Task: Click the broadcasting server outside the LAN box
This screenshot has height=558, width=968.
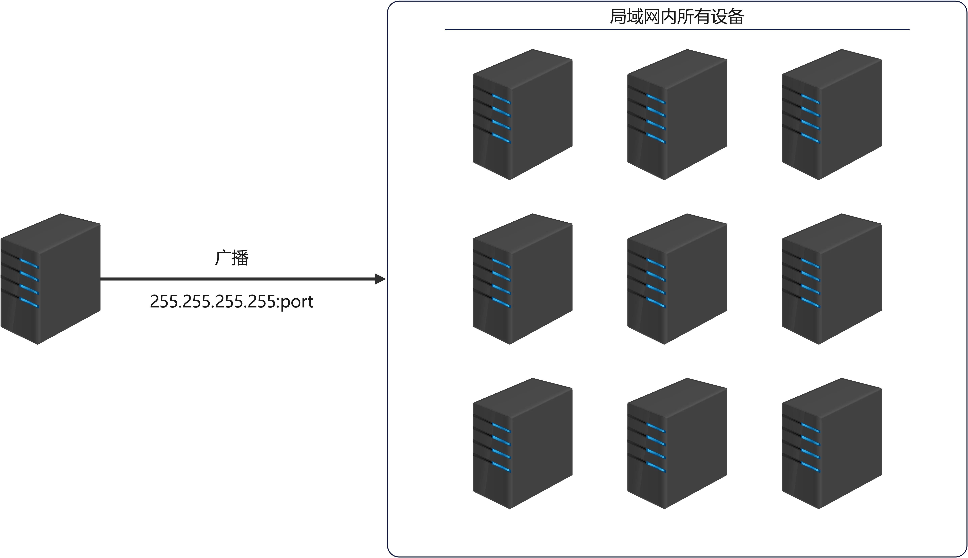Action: tap(50, 279)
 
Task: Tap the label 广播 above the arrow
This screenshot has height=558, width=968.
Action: tap(232, 258)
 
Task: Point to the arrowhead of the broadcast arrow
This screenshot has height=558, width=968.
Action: tap(380, 279)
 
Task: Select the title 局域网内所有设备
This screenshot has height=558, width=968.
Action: tap(677, 17)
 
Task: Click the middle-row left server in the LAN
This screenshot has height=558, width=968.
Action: tap(523, 279)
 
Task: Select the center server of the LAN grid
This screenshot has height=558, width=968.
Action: tap(677, 279)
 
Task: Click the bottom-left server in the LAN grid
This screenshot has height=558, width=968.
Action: tap(523, 443)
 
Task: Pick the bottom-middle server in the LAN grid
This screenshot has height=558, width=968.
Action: tap(677, 443)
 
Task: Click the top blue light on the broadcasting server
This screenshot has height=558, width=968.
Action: tap(30, 263)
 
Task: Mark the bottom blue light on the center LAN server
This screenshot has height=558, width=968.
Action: tap(656, 303)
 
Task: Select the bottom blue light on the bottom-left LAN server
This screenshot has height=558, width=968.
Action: tap(501, 468)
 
